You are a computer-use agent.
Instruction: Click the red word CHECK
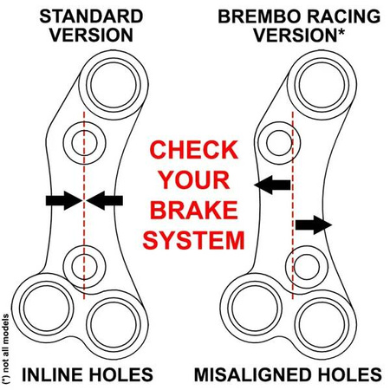pos(194,149)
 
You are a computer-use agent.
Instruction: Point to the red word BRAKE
pos(194,210)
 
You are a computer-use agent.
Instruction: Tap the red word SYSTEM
pos(194,240)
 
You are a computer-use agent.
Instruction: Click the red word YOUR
pos(194,179)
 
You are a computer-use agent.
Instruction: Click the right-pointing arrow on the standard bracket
pos(62,200)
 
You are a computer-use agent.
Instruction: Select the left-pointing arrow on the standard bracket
pos(105,200)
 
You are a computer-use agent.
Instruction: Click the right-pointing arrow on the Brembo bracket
pos(314,225)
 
